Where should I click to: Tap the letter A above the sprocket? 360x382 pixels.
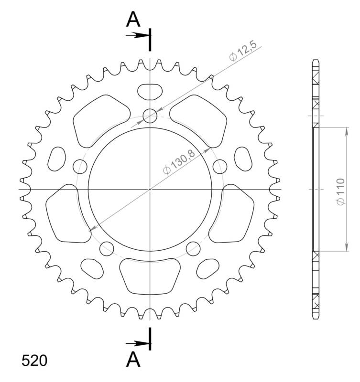[133, 20]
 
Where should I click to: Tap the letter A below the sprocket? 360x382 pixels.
[133, 360]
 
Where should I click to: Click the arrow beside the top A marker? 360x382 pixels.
[137, 35]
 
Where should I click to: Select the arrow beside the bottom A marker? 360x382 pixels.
[137, 343]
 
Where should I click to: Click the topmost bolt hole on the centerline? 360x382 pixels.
[150, 116]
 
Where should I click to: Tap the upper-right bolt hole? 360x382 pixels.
[219, 167]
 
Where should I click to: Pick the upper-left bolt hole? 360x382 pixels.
[80, 166]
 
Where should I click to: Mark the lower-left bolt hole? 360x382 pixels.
[107, 248]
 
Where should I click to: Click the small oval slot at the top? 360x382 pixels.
[150, 90]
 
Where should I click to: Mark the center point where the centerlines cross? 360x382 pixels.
[150, 190]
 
